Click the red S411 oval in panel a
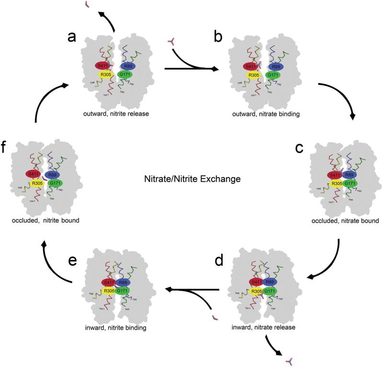(x=102, y=66)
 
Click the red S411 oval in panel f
(x=34, y=174)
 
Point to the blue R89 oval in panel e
(x=122, y=282)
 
